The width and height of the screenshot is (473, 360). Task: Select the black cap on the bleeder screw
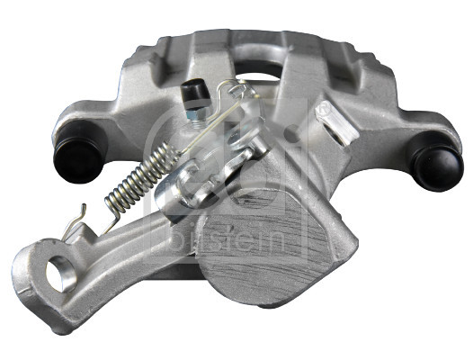(x=191, y=90)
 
